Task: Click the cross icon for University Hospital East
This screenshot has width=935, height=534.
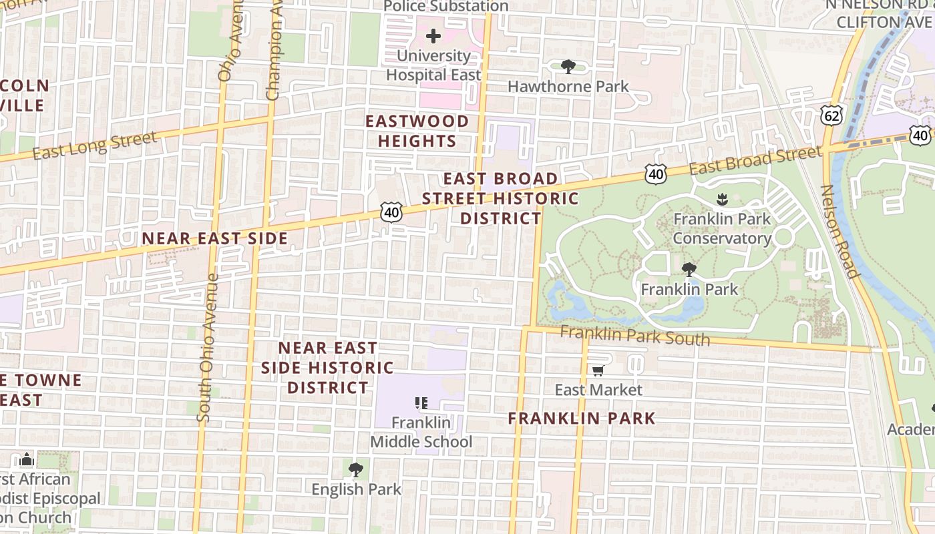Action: pos(433,36)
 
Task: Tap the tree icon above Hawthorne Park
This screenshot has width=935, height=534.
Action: pos(568,66)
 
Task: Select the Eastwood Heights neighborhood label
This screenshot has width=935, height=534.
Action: pos(417,131)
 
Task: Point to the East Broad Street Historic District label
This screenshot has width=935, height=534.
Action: pos(500,198)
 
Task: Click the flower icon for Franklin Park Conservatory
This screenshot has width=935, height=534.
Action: pos(721,199)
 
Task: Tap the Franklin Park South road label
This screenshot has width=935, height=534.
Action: pos(634,336)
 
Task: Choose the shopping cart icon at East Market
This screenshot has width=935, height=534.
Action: pos(598,370)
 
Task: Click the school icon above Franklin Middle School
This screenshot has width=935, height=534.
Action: pos(421,403)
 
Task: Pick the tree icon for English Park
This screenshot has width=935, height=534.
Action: pos(356,469)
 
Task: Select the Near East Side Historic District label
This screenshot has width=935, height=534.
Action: pos(327,367)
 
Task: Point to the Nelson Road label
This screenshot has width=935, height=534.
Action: pos(838,231)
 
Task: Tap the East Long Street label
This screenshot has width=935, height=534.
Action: pos(94,146)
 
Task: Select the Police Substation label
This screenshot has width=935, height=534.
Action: pos(445,7)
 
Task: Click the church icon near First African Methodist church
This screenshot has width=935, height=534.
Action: pos(27,459)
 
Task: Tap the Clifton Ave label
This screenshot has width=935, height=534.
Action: pos(883,22)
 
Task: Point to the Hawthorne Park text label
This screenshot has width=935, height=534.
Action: pos(568,86)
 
